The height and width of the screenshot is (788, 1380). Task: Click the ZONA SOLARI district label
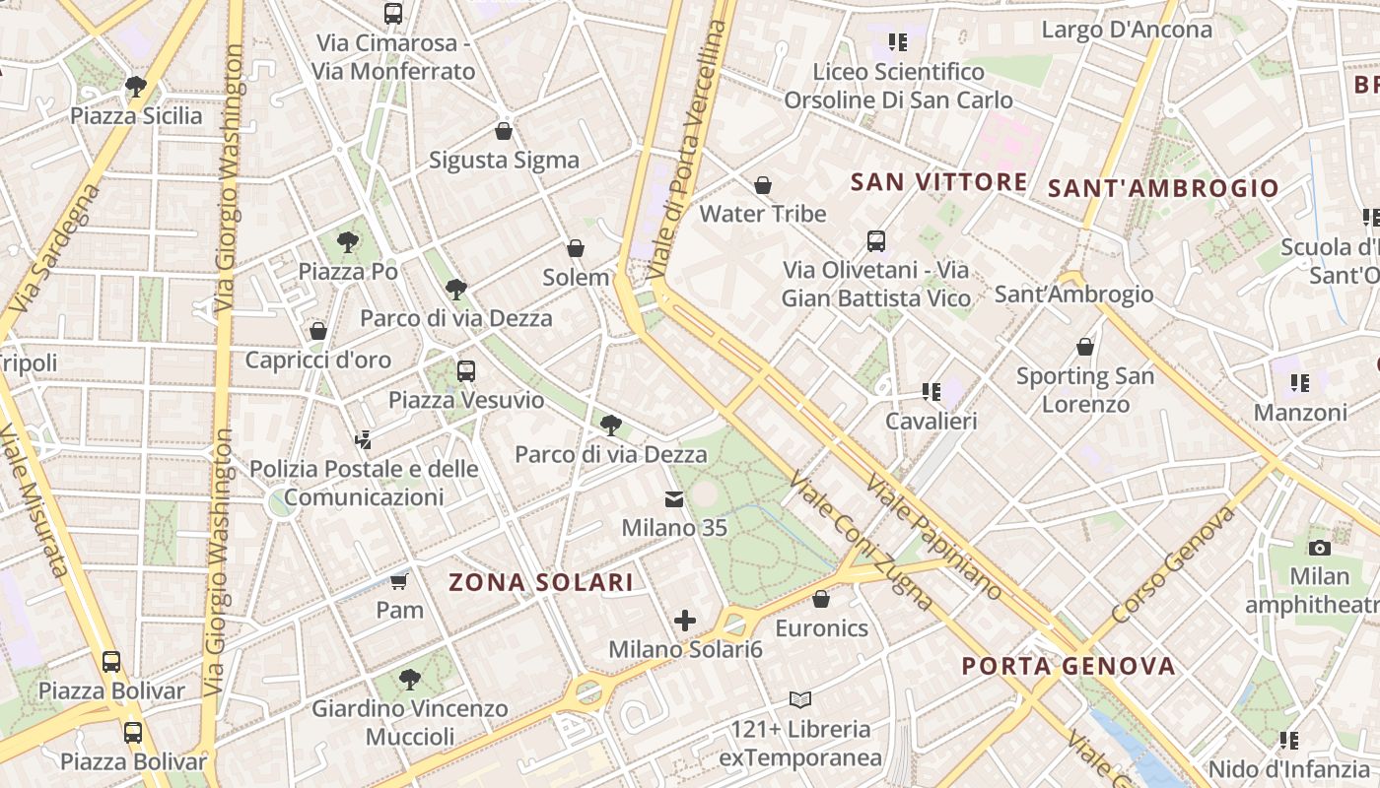coord(541,582)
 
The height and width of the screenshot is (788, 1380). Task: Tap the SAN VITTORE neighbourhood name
coord(938,181)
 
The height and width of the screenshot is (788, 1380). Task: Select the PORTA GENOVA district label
coord(1069,666)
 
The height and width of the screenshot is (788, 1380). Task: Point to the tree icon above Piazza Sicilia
coord(136,87)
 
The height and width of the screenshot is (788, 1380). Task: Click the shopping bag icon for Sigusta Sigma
coord(504,131)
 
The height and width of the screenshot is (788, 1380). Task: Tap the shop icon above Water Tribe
coord(762,185)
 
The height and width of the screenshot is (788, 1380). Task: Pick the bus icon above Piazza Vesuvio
coord(466,371)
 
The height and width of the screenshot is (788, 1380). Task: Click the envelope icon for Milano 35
coord(674,499)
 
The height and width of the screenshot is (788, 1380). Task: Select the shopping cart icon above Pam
coord(399,581)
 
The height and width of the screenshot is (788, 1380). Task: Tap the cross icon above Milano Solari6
coord(685,621)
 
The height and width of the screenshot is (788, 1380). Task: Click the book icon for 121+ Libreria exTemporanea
coord(800,700)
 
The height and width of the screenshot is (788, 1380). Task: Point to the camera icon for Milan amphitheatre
coord(1319,548)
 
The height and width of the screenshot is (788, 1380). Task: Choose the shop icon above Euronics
coord(821,599)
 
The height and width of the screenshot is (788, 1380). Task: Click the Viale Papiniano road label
coord(934,538)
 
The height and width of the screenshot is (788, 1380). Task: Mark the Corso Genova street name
coord(1172,565)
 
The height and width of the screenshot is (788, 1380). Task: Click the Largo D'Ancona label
coord(1127,30)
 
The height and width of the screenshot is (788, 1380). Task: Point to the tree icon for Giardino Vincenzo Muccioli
coord(410,680)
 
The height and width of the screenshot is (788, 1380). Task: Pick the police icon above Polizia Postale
coord(364,439)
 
